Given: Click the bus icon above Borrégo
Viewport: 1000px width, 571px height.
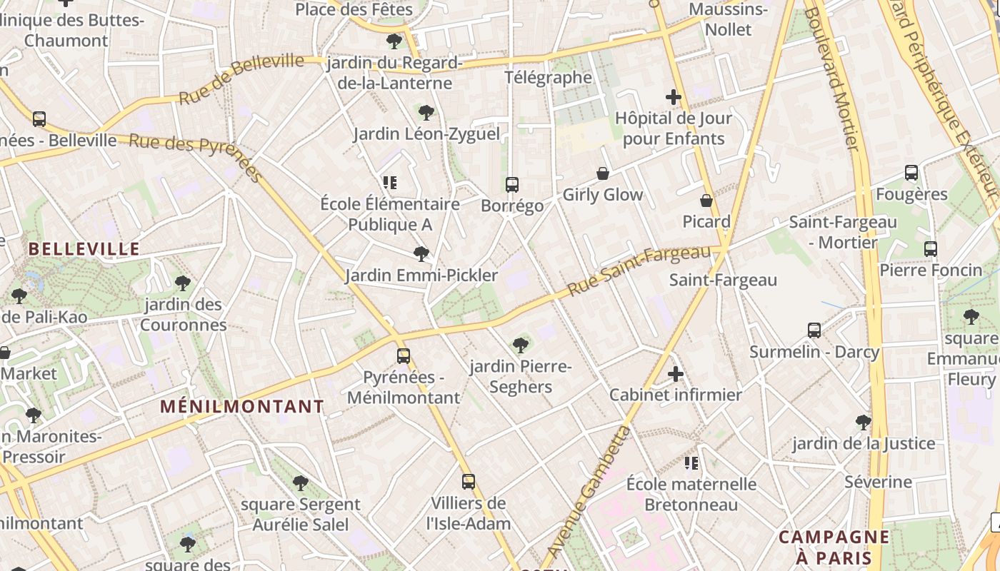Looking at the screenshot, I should [x=511, y=185].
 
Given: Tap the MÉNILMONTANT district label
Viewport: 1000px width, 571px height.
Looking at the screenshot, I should [x=242, y=407].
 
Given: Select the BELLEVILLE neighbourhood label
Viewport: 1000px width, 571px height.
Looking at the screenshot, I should [x=84, y=249].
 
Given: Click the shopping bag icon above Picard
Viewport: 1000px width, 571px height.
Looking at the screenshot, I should [x=706, y=201].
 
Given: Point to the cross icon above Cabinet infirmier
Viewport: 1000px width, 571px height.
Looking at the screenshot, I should [x=675, y=373].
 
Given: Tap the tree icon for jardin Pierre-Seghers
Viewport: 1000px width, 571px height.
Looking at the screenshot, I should [x=521, y=345].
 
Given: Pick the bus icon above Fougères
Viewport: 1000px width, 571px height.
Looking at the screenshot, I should [x=911, y=173].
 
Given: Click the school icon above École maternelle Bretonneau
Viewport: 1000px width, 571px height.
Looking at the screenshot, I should [x=691, y=463].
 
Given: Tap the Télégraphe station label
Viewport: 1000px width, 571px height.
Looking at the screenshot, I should [x=548, y=77].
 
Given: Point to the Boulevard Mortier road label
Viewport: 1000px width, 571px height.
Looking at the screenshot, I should [x=832, y=79].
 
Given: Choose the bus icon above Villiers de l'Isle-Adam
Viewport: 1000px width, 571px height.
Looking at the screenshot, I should [x=469, y=482].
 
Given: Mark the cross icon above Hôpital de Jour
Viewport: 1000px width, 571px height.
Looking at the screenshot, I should [x=673, y=97].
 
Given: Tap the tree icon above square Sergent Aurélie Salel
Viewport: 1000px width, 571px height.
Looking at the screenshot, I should [x=301, y=483].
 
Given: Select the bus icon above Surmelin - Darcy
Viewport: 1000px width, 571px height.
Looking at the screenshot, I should [x=814, y=330].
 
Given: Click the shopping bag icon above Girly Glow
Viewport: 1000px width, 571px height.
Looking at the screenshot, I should [x=603, y=173].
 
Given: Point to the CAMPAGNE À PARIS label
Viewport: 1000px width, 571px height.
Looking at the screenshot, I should [x=834, y=547].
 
